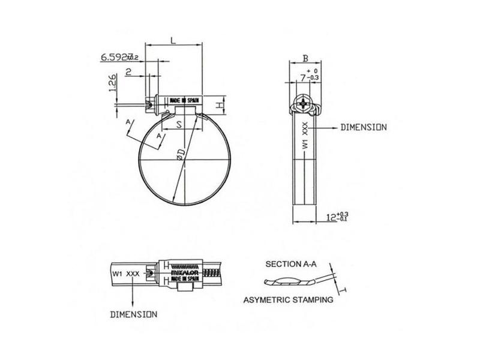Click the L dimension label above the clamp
173,40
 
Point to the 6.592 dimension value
115,58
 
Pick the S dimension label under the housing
179,126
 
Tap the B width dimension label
305,59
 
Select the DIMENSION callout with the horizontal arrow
363,128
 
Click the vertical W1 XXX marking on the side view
305,136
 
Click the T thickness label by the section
343,291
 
